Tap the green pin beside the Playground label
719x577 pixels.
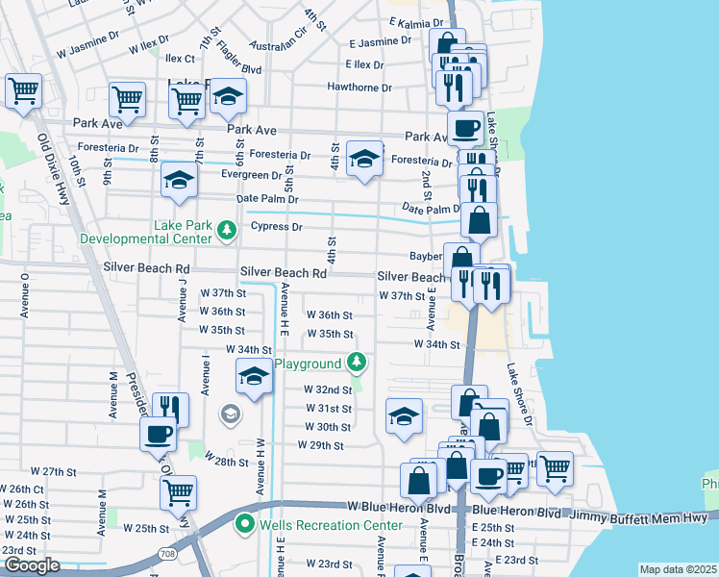click(357, 363)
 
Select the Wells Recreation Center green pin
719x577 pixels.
click(245, 525)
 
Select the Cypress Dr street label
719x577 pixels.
click(277, 227)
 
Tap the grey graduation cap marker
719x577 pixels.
click(230, 414)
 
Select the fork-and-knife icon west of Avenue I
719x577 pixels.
click(170, 408)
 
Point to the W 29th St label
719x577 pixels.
click(320, 445)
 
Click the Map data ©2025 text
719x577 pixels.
click(677, 569)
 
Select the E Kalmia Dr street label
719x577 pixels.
click(417, 21)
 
